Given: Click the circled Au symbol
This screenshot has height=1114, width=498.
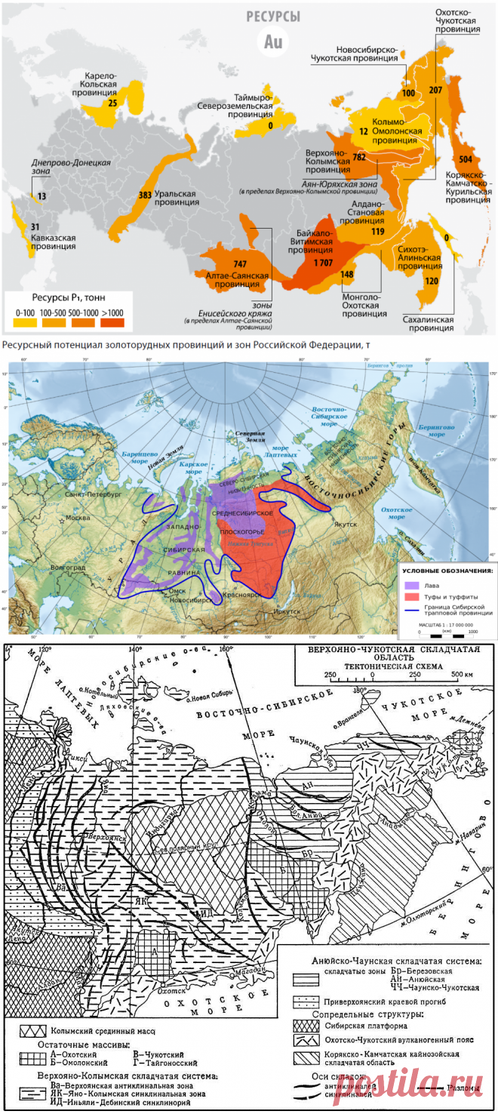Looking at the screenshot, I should coord(273,42).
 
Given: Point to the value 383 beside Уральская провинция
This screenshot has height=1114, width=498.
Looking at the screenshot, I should coord(146,195).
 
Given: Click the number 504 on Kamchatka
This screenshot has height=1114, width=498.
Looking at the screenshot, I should coord(465,160).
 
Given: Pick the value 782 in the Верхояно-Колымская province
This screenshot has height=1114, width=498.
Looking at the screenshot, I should coord(359,157).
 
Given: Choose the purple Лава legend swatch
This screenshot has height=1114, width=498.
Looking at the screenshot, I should coord(411,583).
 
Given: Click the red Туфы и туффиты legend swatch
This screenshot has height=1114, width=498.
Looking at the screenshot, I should coord(411,595).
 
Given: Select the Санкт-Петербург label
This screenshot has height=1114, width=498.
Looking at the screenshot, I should coord(88,495).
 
